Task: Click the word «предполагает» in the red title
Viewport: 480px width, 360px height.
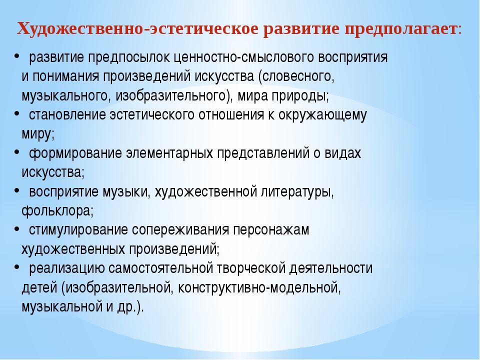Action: coord(400,29)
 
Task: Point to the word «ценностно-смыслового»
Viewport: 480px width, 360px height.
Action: coord(243,57)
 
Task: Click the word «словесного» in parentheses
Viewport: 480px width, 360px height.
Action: coord(296,76)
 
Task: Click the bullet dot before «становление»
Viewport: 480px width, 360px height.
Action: coord(17,113)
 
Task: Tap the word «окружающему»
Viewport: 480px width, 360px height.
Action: coord(322,115)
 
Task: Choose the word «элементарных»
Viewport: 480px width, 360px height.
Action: coord(169,153)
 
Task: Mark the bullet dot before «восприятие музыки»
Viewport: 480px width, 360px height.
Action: coord(17,189)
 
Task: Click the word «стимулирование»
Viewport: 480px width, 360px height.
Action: coord(78,230)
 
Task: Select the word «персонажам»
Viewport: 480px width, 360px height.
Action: coord(271,230)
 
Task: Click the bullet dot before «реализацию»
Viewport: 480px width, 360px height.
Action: coord(17,266)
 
